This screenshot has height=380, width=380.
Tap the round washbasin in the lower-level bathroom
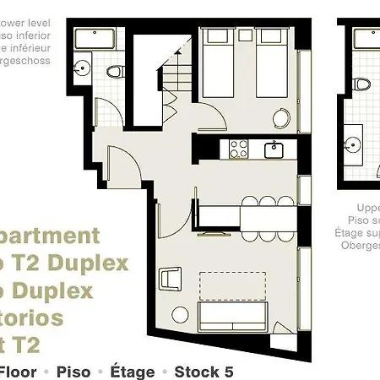[83, 67]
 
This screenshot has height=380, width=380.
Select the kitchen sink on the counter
[274, 150]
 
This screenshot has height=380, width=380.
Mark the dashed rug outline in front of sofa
[234, 287]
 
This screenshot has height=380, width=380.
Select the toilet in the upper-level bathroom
[363, 84]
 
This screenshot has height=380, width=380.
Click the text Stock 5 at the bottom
[204, 372]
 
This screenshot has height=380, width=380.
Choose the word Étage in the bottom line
[133, 372]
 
